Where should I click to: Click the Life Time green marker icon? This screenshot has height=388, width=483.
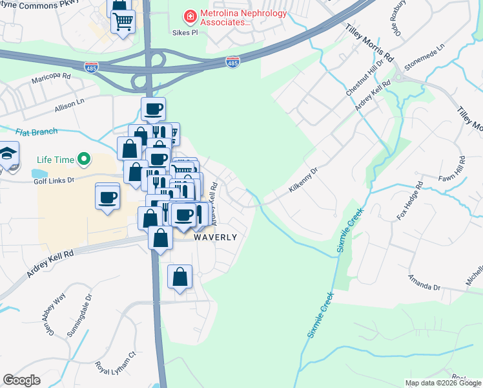tap(83, 158)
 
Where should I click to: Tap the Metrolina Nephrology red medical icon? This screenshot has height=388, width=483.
tap(190, 15)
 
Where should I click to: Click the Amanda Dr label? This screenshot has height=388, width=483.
tap(424, 283)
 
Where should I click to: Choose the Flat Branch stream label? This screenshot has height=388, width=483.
tap(36, 132)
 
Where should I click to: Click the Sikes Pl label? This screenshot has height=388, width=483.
tap(184, 32)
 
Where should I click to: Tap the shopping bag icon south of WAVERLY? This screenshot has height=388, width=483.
tap(180, 277)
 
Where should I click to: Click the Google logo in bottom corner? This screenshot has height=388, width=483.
tap(21, 380)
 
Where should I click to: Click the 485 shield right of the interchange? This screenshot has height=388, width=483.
tap(233, 62)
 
